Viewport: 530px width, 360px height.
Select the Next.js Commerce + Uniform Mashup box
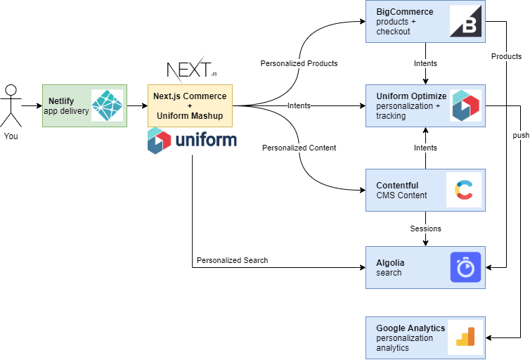pos(190,105)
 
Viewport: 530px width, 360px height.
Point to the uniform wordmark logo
pos(191,141)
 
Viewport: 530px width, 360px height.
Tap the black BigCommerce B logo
pos(464,21)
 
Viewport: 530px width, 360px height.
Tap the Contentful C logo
pos(464,190)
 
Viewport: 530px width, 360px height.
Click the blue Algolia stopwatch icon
pos(465,267)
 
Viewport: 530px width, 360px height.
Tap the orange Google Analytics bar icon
pos(465,337)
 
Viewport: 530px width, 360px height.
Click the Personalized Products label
pos(299,63)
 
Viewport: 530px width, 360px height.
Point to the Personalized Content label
pos(299,148)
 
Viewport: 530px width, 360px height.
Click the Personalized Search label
pos(232,260)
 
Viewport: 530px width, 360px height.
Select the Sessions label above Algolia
pos(425,229)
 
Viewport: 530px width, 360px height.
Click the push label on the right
pos(521,135)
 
